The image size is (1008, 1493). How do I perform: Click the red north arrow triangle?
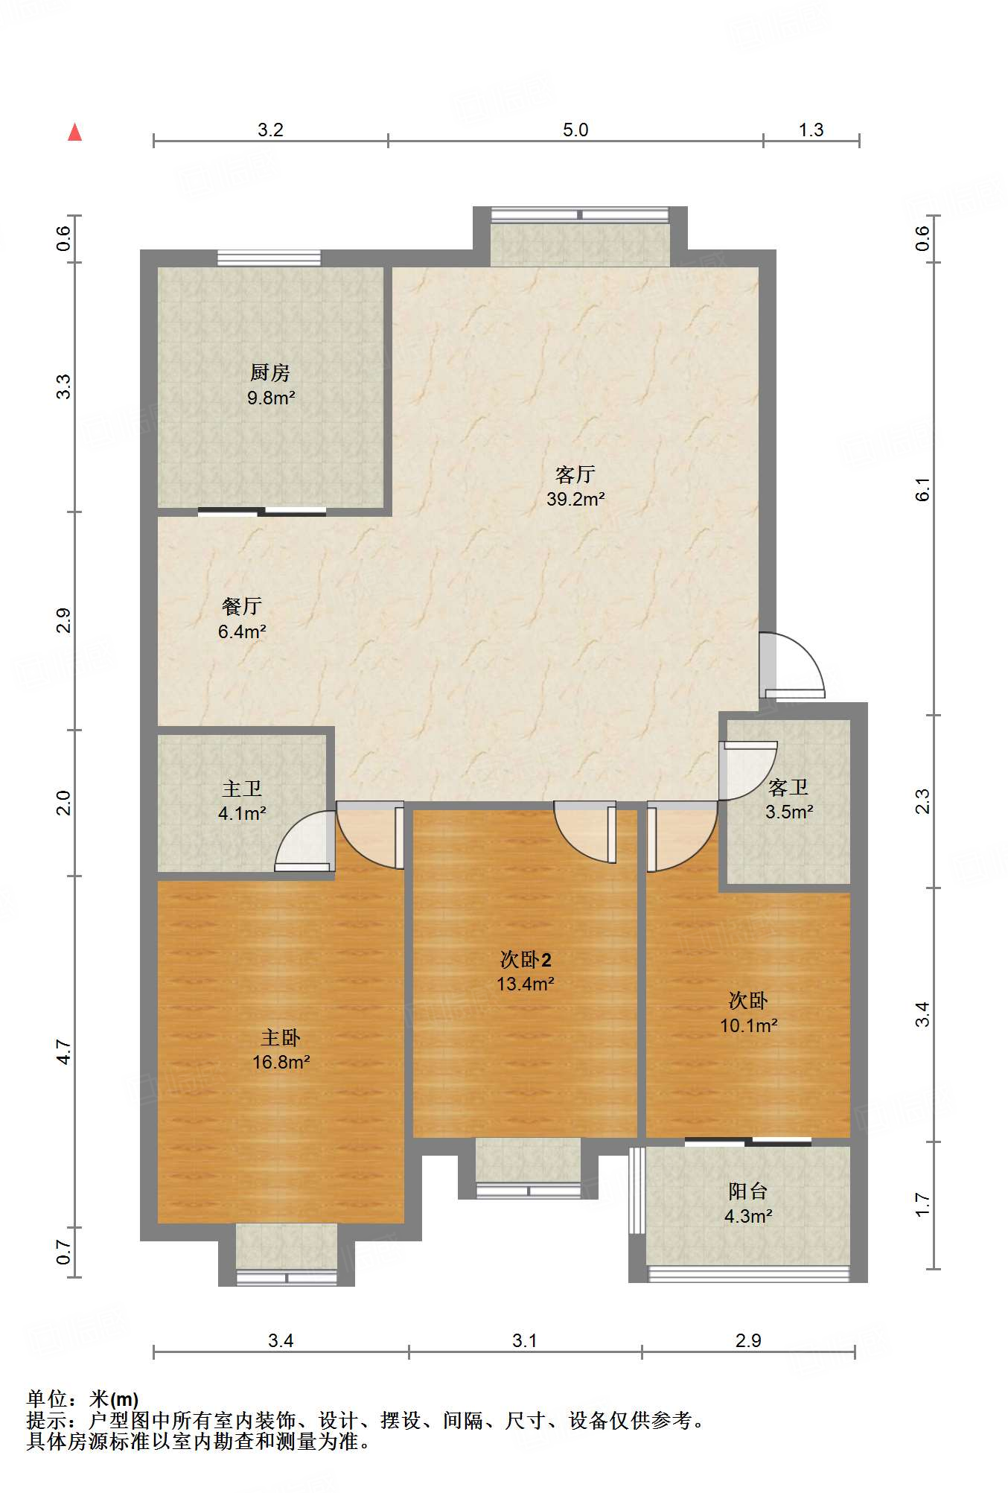click(x=74, y=132)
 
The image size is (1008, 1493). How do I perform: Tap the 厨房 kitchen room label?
click(x=269, y=372)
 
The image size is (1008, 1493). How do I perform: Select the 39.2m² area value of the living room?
click(x=575, y=499)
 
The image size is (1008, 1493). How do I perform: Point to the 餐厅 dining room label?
click(x=242, y=606)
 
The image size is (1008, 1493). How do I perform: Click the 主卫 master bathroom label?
click(x=242, y=789)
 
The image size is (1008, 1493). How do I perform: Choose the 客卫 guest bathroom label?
click(x=788, y=787)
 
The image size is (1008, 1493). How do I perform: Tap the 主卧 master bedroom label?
click(x=281, y=1037)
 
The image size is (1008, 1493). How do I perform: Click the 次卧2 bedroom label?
click(x=526, y=959)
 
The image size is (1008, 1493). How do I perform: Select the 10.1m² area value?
click(x=748, y=1025)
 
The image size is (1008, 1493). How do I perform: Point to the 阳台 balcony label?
click(x=747, y=1191)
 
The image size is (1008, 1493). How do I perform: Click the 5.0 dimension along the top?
click(x=575, y=130)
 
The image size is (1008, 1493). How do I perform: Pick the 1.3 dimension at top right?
click(x=811, y=130)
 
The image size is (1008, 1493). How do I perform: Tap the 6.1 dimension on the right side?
click(x=922, y=488)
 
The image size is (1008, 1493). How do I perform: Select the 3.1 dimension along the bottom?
click(x=525, y=1340)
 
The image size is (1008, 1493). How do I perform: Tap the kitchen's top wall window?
click(x=269, y=258)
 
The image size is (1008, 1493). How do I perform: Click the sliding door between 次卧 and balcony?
click(x=748, y=1141)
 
